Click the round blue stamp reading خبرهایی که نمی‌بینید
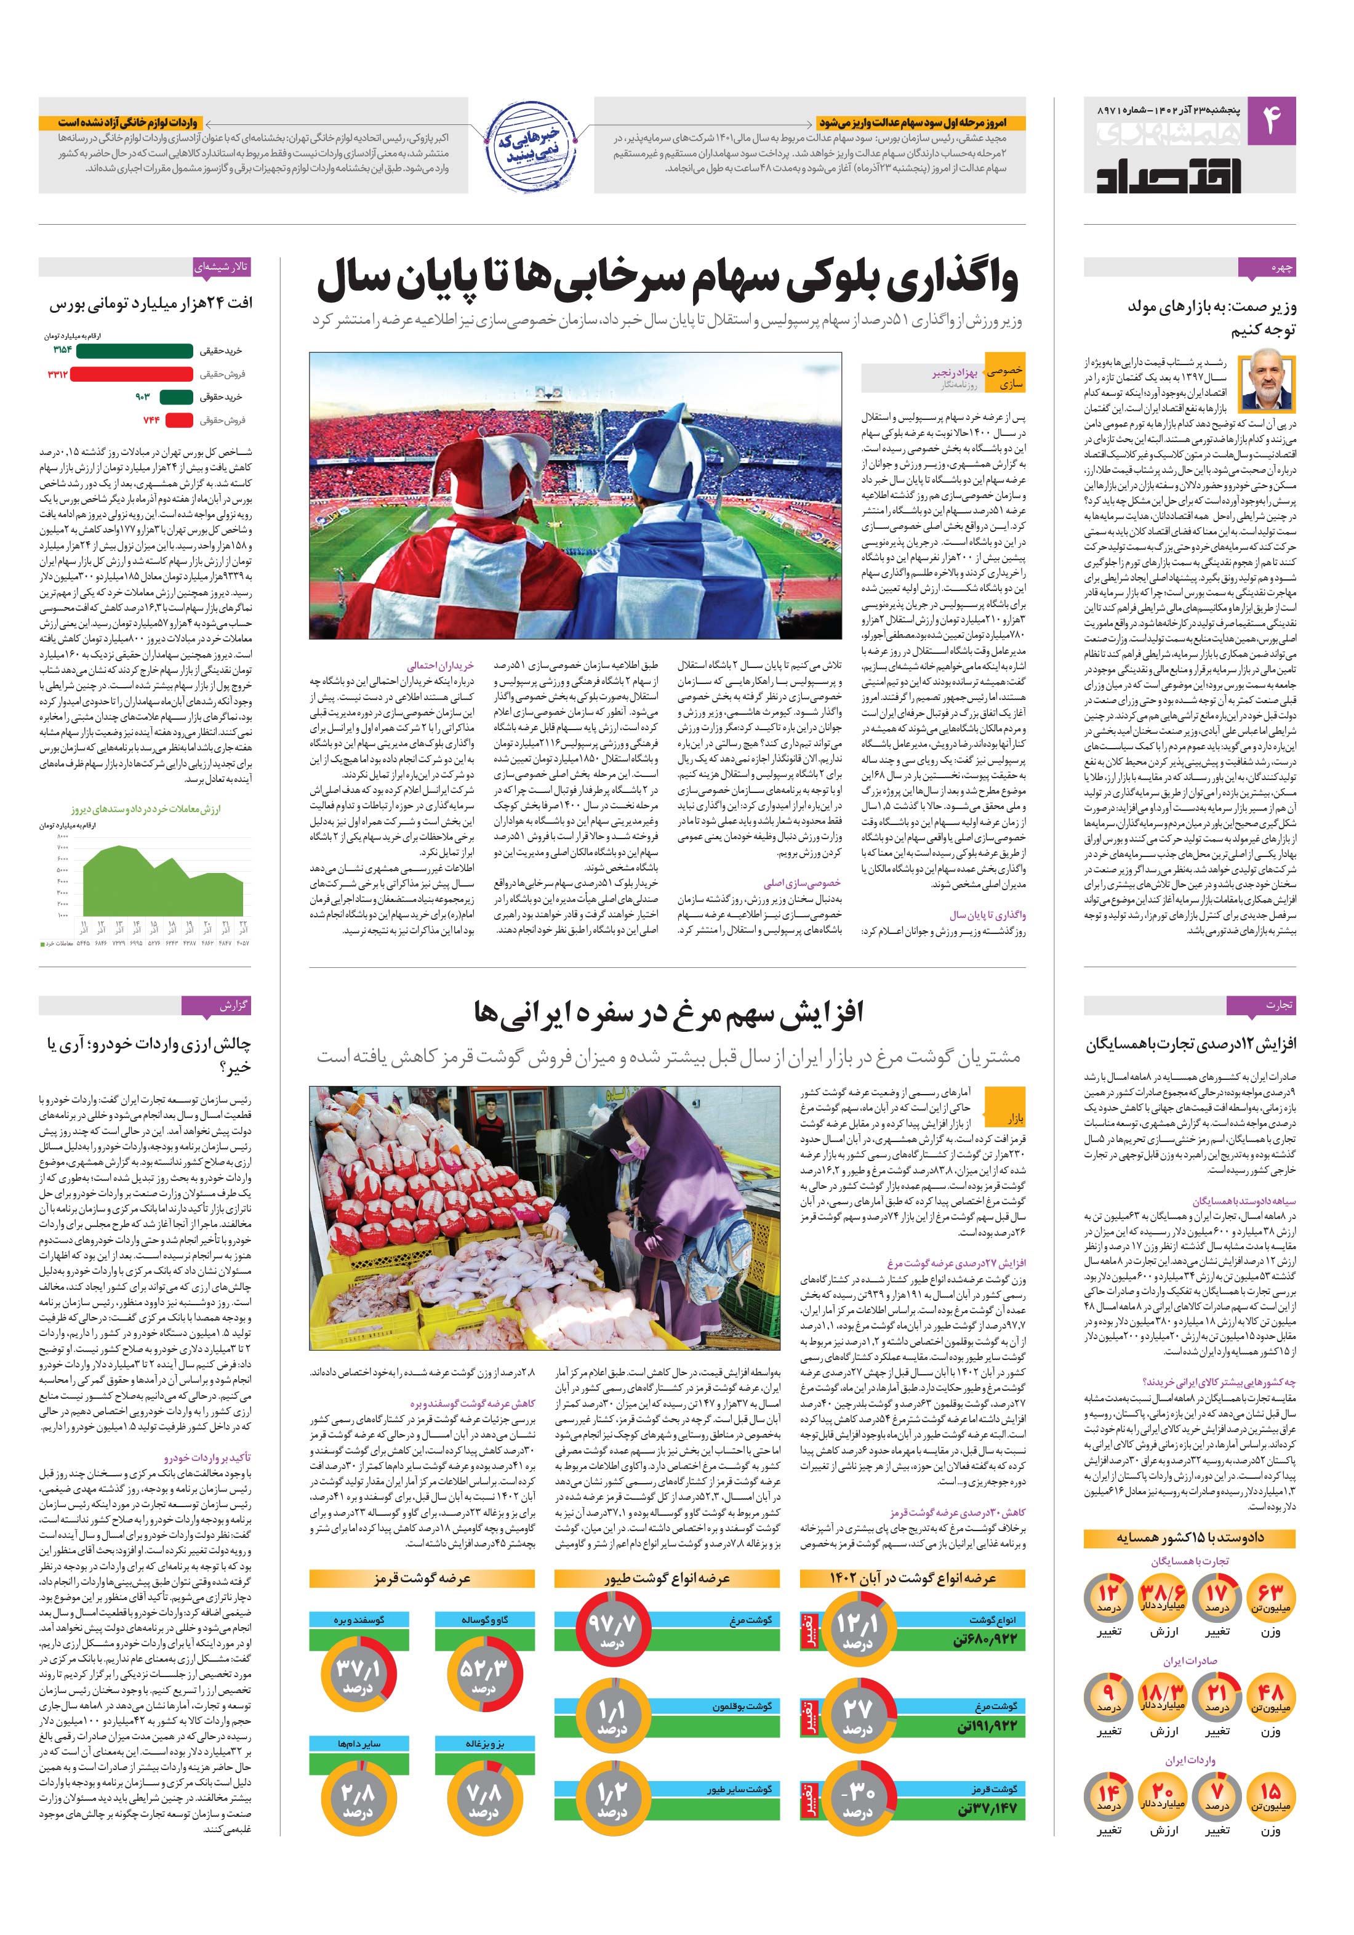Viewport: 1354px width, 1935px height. (x=530, y=145)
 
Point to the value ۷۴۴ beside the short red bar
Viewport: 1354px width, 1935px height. (x=151, y=420)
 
